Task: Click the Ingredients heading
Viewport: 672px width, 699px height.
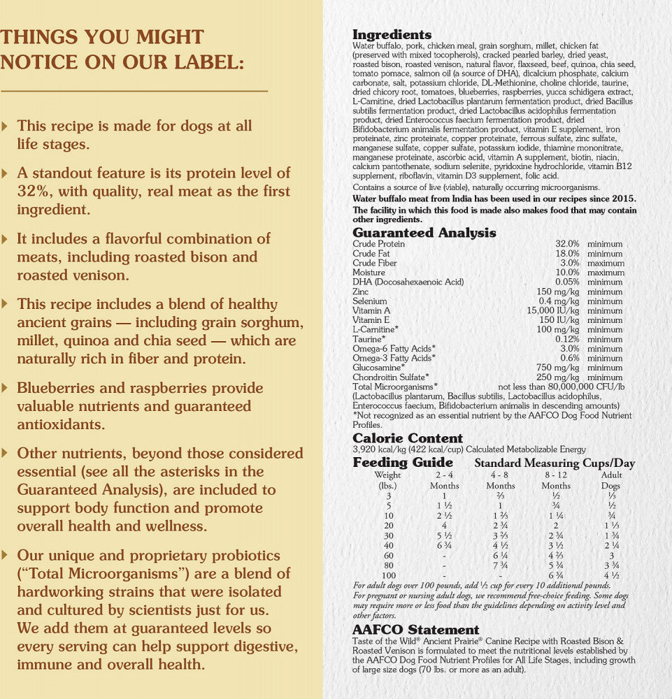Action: click(392, 35)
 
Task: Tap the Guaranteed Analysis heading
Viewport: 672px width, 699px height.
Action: click(424, 233)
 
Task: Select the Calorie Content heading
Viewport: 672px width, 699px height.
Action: click(408, 438)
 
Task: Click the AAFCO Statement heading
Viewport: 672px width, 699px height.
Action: click(415, 630)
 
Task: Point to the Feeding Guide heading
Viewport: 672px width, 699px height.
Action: click(403, 463)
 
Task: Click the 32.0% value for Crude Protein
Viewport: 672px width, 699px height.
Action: click(567, 244)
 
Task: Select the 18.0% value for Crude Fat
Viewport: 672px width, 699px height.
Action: click(567, 254)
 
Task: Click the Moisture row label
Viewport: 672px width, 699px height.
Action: click(369, 273)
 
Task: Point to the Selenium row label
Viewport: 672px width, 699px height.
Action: click(370, 301)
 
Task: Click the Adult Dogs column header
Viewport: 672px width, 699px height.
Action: click(611, 480)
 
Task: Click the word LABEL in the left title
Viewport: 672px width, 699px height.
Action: click(196, 62)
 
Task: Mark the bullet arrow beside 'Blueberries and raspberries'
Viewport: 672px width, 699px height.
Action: click(6, 388)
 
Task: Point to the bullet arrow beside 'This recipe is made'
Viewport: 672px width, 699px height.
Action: click(6, 127)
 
